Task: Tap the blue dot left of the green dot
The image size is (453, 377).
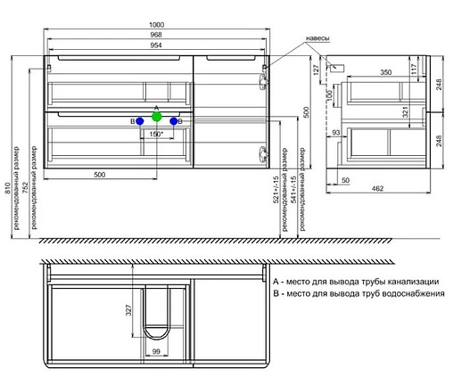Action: (x=140, y=120)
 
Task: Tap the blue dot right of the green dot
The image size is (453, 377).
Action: (x=174, y=120)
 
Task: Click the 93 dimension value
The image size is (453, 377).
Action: (x=337, y=133)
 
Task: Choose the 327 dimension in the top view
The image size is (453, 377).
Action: (x=128, y=311)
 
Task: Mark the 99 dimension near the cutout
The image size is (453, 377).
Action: (x=157, y=354)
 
